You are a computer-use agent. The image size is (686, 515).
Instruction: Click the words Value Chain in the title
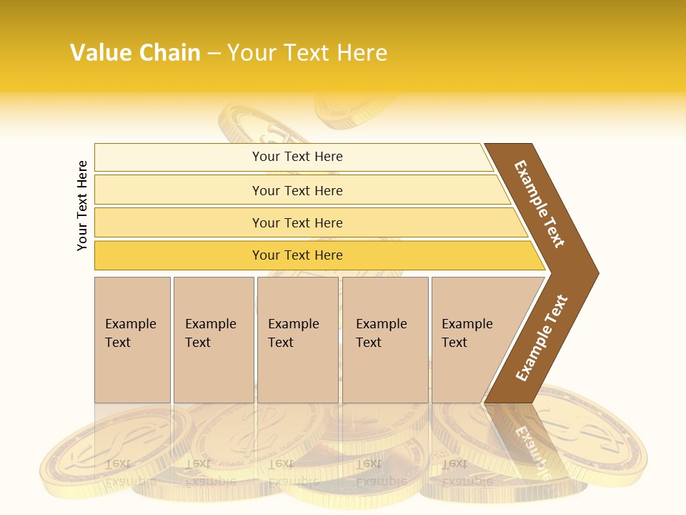tap(135, 53)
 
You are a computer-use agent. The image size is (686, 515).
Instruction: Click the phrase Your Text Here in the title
tap(307, 53)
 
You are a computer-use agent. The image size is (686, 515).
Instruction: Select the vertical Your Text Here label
tap(82, 205)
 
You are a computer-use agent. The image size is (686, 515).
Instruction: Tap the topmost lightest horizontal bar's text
tap(297, 157)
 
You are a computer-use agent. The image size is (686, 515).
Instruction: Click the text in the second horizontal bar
tap(297, 191)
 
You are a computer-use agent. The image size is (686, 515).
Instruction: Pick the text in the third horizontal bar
tap(297, 223)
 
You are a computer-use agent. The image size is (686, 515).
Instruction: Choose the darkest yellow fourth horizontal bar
tap(297, 255)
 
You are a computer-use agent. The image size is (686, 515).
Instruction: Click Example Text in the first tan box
tap(130, 333)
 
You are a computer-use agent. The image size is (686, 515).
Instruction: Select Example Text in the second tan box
tap(210, 333)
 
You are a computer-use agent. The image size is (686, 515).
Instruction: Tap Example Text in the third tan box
tap(293, 333)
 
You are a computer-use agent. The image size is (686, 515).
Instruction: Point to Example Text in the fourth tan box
tap(381, 333)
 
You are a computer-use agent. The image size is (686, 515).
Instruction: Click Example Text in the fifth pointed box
tap(467, 333)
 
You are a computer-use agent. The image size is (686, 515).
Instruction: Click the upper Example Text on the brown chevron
tap(540, 204)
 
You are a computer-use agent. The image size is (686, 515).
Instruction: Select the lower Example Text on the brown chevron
tap(542, 338)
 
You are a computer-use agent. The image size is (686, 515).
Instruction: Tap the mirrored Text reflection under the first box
tap(118, 463)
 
